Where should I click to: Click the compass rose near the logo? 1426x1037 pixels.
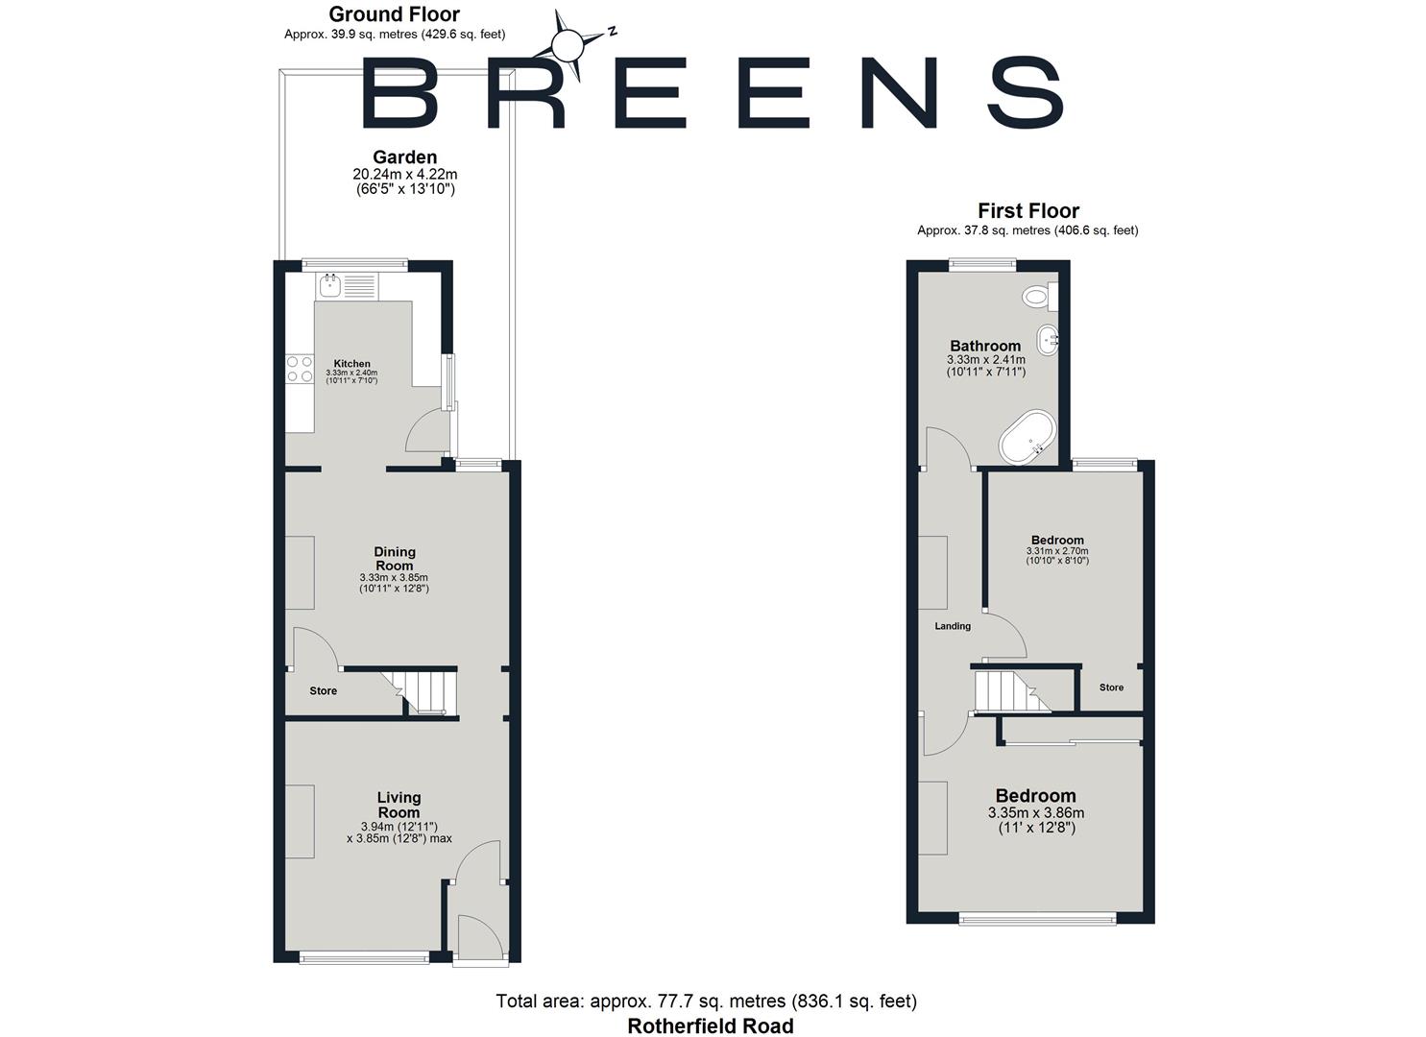tap(568, 44)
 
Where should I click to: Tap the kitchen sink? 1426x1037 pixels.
tap(331, 284)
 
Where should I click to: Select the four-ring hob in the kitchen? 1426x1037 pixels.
tap(300, 370)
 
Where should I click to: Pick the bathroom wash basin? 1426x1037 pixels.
tap(1047, 338)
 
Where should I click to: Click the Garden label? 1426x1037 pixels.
tap(404, 157)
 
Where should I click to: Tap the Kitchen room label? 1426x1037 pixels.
tap(351, 364)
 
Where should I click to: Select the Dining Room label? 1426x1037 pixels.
tap(395, 559)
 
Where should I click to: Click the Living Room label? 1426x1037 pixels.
tap(399, 805)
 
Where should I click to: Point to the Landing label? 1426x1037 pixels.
tap(953, 626)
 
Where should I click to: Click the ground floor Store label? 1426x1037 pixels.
tap(323, 691)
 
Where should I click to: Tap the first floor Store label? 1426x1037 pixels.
tap(1111, 687)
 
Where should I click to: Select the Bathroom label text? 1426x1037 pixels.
tap(985, 346)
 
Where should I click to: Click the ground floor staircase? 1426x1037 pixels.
tap(425, 691)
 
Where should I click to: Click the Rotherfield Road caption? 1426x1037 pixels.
tap(711, 1025)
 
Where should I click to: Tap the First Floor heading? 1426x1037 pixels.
tap(1028, 210)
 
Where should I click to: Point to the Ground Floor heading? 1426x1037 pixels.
tap(394, 14)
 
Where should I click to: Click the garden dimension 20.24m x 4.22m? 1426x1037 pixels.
tap(404, 175)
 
